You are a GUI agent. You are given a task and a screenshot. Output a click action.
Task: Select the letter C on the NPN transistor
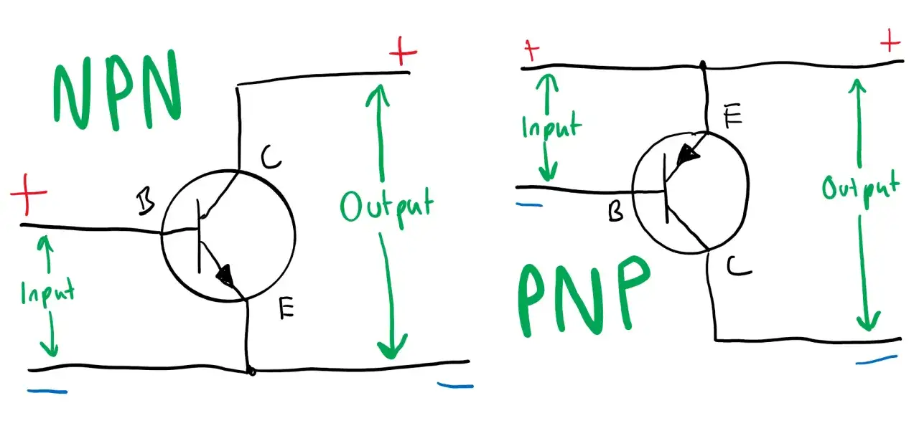[271, 157]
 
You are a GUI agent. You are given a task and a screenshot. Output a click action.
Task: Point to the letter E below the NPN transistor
[286, 308]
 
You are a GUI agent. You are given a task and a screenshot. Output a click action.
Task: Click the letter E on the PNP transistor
[733, 115]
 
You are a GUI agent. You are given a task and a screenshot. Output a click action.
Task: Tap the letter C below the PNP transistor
[739, 267]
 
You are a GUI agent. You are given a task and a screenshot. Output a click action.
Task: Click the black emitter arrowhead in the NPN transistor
[225, 275]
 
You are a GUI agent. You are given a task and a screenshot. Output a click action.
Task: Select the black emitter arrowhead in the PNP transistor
[688, 155]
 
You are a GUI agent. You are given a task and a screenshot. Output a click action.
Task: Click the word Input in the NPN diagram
[48, 293]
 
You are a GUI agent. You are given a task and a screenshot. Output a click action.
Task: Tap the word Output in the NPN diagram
[387, 207]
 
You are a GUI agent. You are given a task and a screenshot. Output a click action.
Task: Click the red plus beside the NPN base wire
[28, 194]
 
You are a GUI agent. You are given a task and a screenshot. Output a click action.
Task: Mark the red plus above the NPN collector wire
[403, 52]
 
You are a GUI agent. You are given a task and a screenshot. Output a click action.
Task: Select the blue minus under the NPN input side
[47, 392]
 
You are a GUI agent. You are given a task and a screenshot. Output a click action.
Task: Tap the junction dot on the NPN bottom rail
[251, 371]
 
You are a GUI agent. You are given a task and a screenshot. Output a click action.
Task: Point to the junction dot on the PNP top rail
[703, 65]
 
